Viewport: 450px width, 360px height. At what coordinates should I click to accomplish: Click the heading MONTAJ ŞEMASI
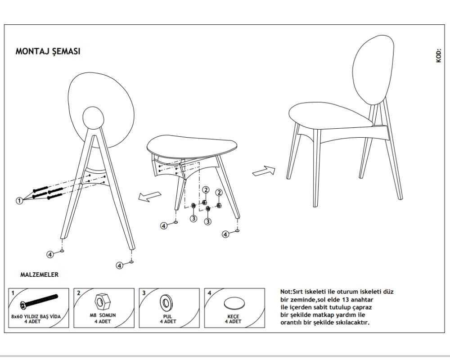coord(48,51)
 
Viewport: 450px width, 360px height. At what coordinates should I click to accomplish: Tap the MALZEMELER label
coord(39,274)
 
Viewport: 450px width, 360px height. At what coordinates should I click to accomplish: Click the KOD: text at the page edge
coord(438,55)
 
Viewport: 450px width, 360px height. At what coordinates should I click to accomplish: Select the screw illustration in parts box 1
coord(39,301)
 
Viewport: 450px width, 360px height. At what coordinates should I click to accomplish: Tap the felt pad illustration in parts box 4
coord(234,303)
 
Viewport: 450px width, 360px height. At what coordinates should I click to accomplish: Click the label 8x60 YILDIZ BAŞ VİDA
coord(36,316)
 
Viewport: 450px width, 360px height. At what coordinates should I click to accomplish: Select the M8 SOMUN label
coord(103,315)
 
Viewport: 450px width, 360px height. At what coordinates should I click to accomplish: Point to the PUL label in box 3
coord(167,316)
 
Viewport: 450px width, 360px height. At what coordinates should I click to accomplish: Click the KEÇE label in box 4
coord(233,316)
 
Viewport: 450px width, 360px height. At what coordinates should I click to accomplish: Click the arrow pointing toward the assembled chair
coord(264,171)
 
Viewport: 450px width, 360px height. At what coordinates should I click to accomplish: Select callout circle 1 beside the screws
coord(19,200)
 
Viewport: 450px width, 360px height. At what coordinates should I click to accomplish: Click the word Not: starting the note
coord(286,292)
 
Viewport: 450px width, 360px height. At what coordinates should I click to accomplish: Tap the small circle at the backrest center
coord(93,118)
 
